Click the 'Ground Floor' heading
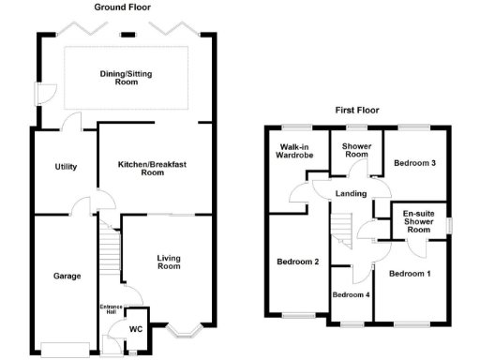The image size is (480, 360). tap(125, 7)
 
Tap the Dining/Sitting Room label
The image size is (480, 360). tap(127, 78)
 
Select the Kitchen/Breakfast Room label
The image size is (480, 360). tap(153, 169)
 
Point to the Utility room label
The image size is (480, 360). tap(66, 167)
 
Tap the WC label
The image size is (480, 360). tap(136, 329)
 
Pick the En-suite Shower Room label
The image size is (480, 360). tap(419, 221)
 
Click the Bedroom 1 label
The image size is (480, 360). tap(410, 273)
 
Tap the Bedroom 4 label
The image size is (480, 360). tap(352, 295)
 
